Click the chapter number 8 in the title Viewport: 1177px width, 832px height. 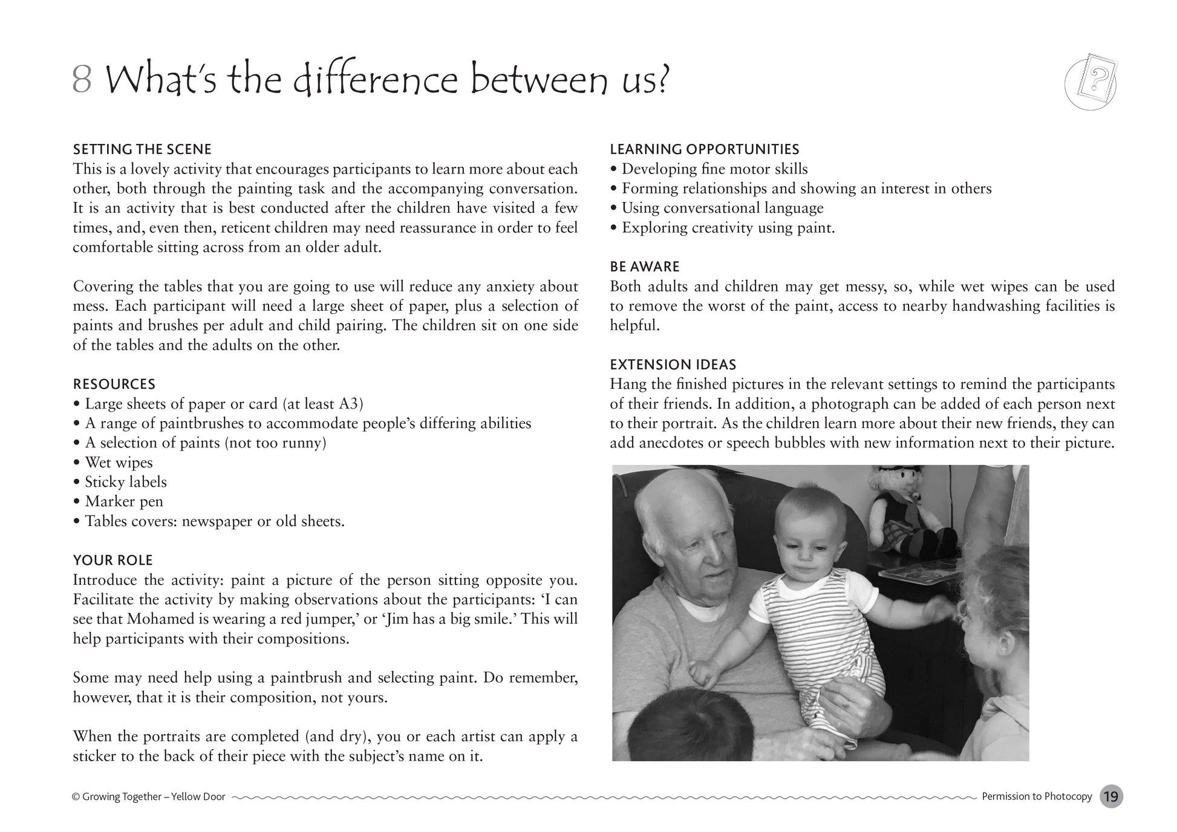[x=82, y=80]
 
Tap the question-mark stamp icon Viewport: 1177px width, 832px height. [x=1091, y=83]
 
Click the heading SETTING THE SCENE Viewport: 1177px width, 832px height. [x=142, y=149]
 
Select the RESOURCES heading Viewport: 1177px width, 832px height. [x=114, y=385]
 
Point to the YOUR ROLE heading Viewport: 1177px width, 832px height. [x=113, y=561]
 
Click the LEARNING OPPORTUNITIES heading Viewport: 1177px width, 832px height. [x=704, y=149]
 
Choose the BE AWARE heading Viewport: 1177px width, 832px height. [x=645, y=267]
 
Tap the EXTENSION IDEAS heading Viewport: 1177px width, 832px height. [x=673, y=365]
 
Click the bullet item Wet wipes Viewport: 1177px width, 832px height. [x=119, y=463]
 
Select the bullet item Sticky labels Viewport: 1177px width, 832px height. [x=125, y=482]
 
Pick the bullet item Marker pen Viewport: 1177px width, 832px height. [x=123, y=502]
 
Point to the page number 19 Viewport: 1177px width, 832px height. [x=1111, y=797]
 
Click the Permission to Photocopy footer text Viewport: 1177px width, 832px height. [x=1037, y=797]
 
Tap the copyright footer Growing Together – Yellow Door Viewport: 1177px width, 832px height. [x=149, y=797]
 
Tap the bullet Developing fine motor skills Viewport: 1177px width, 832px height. [x=714, y=169]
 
